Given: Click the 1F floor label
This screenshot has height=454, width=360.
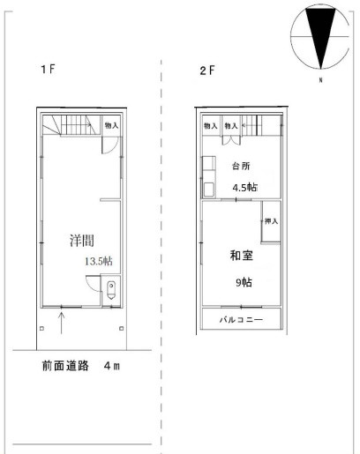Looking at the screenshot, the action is pyautogui.click(x=48, y=69).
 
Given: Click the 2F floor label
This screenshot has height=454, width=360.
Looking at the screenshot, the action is pyautogui.click(x=207, y=71).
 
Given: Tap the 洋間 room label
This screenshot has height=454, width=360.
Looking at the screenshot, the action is pyautogui.click(x=82, y=240).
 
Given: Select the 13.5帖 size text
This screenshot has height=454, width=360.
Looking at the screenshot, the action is pyautogui.click(x=99, y=261).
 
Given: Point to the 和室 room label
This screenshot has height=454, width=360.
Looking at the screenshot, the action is pyautogui.click(x=241, y=255).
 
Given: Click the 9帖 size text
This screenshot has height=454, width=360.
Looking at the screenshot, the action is pyautogui.click(x=244, y=282).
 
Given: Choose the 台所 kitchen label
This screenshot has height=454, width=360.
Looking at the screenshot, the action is pyautogui.click(x=241, y=166).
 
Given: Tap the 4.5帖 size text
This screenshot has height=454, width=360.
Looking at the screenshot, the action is pyautogui.click(x=245, y=187).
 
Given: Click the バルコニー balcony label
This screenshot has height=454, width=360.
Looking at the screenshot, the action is pyautogui.click(x=241, y=319).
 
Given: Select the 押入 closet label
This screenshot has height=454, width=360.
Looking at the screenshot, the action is pyautogui.click(x=271, y=220).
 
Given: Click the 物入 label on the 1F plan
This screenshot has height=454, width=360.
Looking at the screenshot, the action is pyautogui.click(x=112, y=125).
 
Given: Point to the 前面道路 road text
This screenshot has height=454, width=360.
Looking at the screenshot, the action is pyautogui.click(x=65, y=366).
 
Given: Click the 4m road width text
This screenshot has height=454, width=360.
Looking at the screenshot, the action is pyautogui.click(x=112, y=366).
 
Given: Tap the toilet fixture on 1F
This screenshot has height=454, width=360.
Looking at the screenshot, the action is pyautogui.click(x=111, y=290).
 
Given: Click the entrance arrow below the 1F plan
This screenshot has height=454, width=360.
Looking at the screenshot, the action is pyautogui.click(x=62, y=323).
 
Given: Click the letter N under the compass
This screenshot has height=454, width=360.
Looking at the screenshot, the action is pyautogui.click(x=321, y=80).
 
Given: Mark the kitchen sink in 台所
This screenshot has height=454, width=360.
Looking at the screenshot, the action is pyautogui.click(x=209, y=190).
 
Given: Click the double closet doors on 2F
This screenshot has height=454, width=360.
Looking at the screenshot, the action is pyautogui.click(x=231, y=140).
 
